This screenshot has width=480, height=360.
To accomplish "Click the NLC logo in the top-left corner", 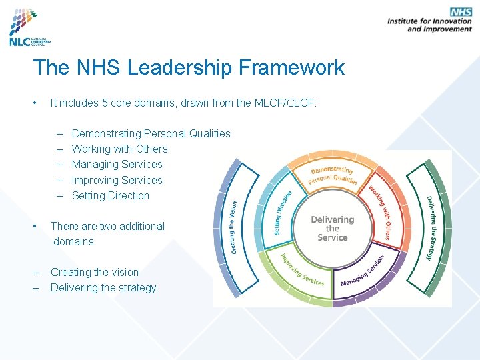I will click(31, 27).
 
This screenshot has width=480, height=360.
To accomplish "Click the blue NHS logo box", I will click(460, 12).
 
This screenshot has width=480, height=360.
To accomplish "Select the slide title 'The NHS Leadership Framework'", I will click(189, 67).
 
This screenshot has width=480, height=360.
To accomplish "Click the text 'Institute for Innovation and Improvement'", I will click(430, 25).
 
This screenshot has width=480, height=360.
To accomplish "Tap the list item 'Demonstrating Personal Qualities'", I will click(151, 133).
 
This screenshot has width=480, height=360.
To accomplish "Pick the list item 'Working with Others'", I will click(119, 149).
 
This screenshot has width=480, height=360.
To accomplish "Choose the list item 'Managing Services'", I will click(117, 164).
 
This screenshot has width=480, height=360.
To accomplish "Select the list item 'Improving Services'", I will click(117, 180).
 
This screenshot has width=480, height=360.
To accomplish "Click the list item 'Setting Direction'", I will click(110, 195).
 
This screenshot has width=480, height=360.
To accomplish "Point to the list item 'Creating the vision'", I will click(95, 272).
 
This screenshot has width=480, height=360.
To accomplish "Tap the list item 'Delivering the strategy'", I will click(103, 287).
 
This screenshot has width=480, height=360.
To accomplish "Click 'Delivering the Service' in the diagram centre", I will click(333, 228).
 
